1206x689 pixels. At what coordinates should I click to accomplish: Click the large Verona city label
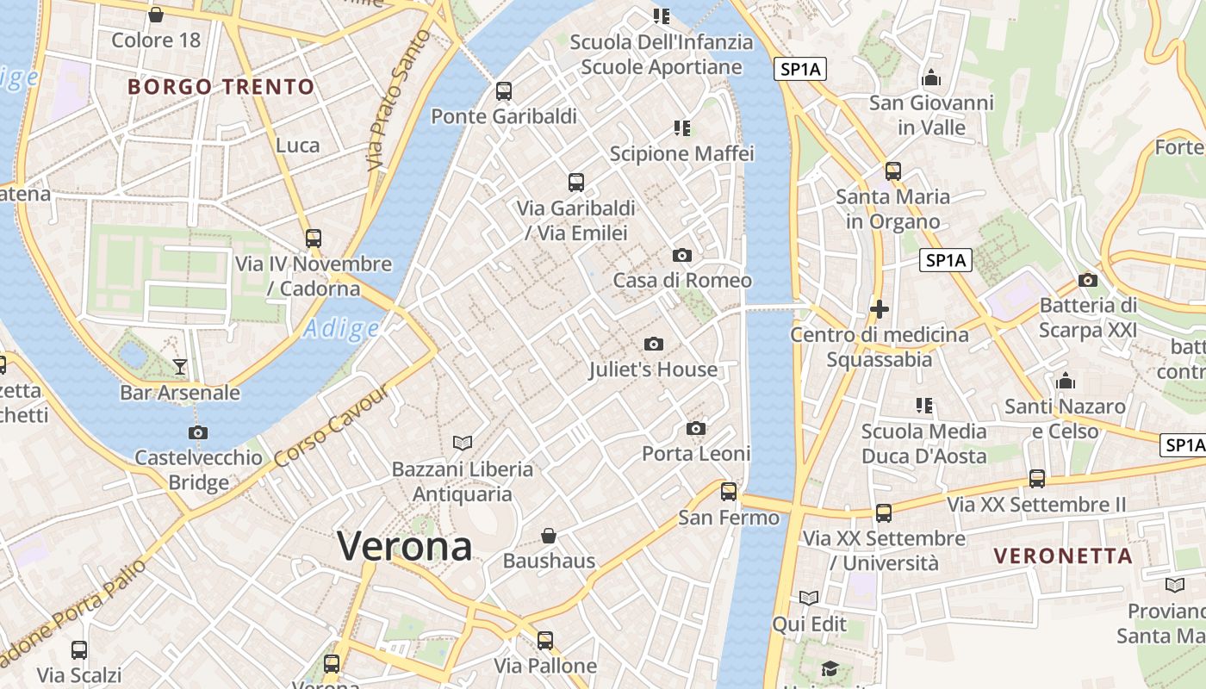tap(405, 546)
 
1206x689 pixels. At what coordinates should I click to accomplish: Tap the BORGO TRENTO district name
tap(221, 87)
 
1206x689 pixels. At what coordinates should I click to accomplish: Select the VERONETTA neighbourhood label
tap(1063, 556)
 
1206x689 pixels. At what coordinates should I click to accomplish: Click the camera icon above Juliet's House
tap(654, 344)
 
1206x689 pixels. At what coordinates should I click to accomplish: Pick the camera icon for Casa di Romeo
tap(682, 256)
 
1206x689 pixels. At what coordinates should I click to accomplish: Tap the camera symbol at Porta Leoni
tap(696, 429)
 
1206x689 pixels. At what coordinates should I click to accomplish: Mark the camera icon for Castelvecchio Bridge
tap(198, 432)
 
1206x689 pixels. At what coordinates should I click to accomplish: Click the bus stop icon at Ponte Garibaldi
tap(504, 90)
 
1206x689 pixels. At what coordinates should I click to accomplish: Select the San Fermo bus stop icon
tap(729, 492)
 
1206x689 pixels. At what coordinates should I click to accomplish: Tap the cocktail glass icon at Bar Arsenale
tap(179, 367)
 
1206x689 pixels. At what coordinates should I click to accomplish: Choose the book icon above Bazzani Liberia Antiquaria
tap(463, 444)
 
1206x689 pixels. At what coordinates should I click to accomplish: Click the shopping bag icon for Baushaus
tap(549, 536)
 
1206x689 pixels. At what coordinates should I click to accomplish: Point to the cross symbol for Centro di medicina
tap(880, 308)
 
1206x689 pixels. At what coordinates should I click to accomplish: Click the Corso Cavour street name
tap(332, 427)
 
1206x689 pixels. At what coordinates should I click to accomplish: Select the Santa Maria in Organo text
tap(892, 209)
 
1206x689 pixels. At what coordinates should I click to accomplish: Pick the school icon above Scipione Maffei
tap(682, 128)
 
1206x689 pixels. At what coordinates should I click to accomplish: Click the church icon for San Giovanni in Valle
tap(931, 78)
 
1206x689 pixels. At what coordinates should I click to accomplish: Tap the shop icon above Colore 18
tap(156, 15)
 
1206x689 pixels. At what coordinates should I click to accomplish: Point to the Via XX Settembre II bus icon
tap(1037, 479)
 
